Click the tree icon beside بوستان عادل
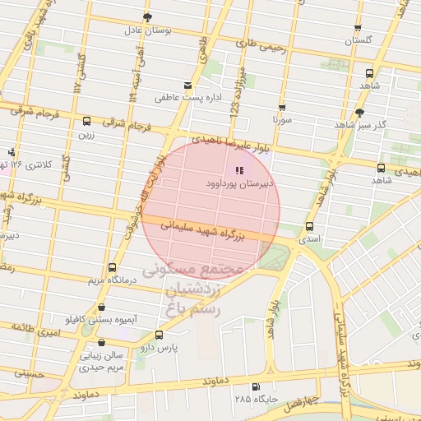pyautogui.click(x=147, y=16)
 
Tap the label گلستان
pyautogui.click(x=359, y=40)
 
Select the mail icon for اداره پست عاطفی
pyautogui.click(x=188, y=86)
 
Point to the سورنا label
pyautogui.click(x=284, y=119)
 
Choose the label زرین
pyautogui.click(x=87, y=132)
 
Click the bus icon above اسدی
pyautogui.click(x=309, y=226)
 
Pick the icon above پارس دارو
pyautogui.click(x=159, y=335)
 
